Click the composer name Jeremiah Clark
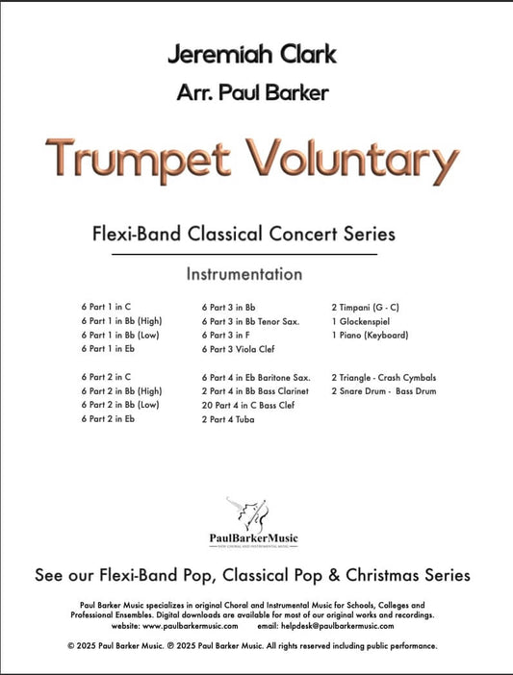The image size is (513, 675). [x=251, y=54]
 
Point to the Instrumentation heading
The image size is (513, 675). [x=244, y=274]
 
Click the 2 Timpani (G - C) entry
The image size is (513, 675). [x=366, y=307]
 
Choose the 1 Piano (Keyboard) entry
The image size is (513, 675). [x=370, y=336]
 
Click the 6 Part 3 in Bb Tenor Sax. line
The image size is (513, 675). [x=253, y=321]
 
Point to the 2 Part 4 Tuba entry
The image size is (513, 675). [x=231, y=420]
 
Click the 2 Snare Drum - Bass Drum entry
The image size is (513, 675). [x=382, y=392]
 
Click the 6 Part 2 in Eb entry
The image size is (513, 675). [x=110, y=420]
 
